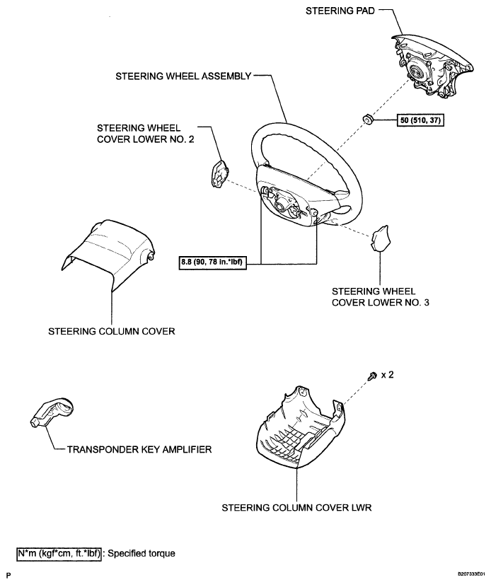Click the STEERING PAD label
coord(340,11)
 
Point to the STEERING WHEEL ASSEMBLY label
coord(183,76)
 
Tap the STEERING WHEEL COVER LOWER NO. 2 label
coord(146,134)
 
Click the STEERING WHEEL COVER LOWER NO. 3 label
coord(380,296)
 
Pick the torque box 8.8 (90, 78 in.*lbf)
coord(213,262)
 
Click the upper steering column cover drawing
coord(108,253)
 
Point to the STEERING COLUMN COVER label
coord(112,331)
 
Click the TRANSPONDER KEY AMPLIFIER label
coord(139,449)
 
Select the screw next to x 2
coord(372,376)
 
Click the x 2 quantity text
coord(387,375)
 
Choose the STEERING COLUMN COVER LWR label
coord(296,508)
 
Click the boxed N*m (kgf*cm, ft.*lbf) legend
coord(59,553)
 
